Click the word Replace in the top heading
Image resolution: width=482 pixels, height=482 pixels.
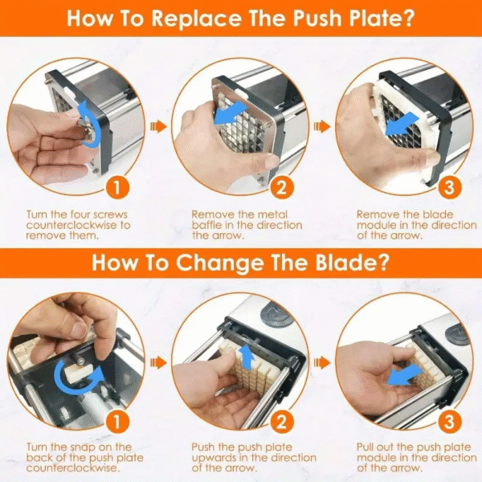pos(197,18)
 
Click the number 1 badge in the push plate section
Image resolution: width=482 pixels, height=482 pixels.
pos(116,187)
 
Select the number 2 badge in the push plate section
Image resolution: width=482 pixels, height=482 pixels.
pos(281,187)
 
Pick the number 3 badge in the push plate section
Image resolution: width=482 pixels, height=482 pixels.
pos(449,187)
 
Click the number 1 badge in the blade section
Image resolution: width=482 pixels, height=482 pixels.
pos(116,422)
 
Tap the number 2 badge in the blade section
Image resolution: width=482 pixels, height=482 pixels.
pos(281,422)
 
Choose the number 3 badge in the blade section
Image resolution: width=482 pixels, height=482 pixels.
pos(449,422)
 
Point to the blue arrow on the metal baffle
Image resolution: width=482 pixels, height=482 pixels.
pos(231,112)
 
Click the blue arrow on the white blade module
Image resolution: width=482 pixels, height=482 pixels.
pos(402,125)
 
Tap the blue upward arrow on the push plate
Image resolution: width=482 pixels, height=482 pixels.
pos(247,356)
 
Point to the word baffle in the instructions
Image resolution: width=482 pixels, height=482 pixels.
pos(206,225)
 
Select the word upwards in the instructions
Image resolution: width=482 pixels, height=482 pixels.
pos(214,458)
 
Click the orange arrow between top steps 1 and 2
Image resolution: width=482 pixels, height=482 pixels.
pos(157,126)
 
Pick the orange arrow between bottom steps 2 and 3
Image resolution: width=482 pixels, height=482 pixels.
pos(322,363)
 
